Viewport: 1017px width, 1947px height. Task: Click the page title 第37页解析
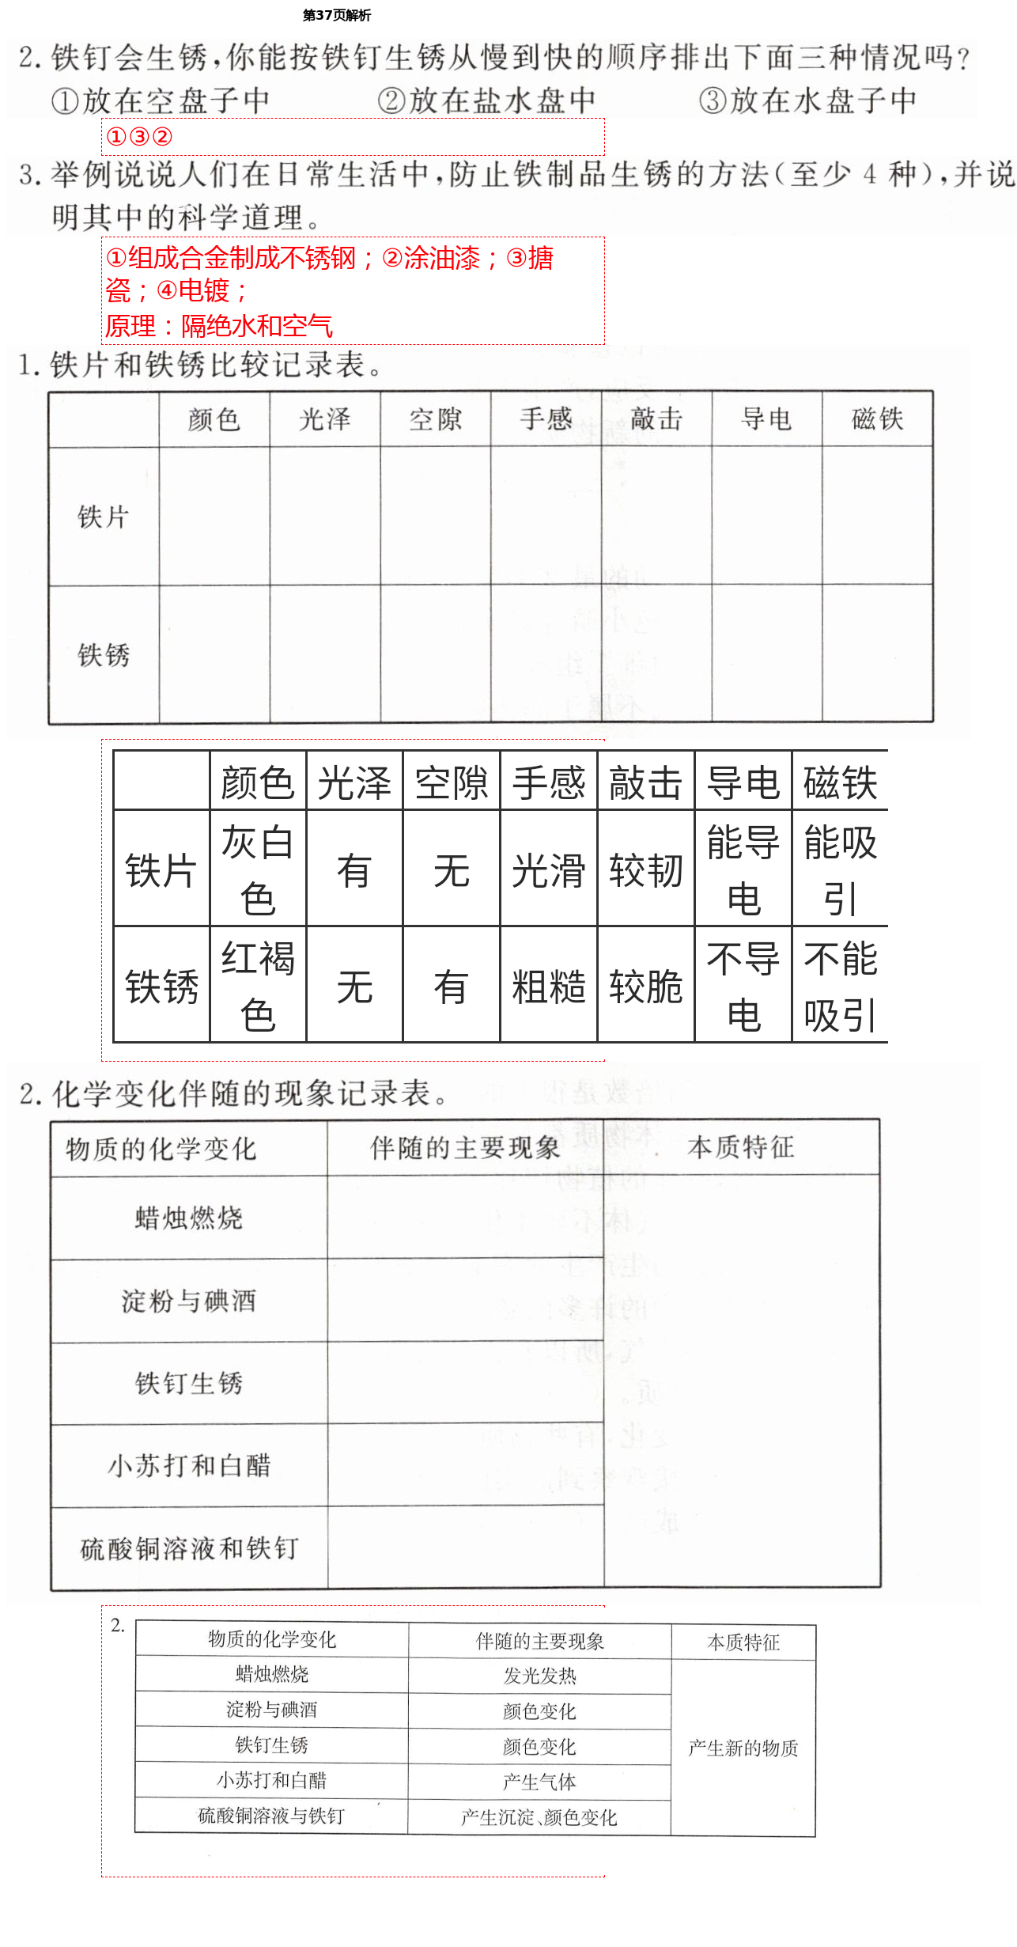[337, 15]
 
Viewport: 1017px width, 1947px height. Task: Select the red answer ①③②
[139, 137]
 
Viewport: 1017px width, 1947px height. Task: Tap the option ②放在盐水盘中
[486, 100]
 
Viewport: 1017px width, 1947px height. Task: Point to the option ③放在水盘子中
[807, 100]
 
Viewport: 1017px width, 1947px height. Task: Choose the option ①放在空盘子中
[161, 100]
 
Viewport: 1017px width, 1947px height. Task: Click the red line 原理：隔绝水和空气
[219, 326]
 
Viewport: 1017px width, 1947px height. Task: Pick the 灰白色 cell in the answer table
[258, 869]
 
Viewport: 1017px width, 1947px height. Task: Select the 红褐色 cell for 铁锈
[258, 986]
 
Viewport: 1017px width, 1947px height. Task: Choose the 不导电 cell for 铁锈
[743, 986]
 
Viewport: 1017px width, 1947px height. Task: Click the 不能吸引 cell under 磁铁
[840, 986]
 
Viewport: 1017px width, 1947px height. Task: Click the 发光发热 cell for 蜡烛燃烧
[540, 1676]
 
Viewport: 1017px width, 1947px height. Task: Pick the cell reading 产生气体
[540, 1782]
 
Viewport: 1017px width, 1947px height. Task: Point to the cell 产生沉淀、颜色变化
[539, 1817]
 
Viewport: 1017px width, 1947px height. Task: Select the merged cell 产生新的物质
[743, 1748]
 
